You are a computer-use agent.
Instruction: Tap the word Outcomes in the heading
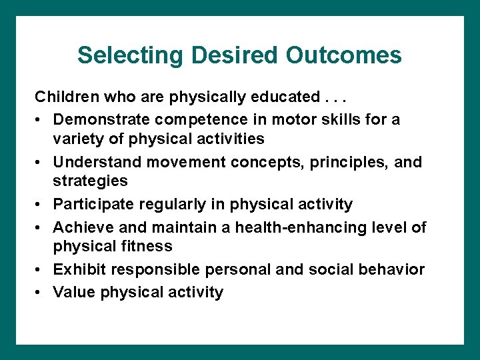[x=344, y=55]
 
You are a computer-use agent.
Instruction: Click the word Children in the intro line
[x=64, y=97]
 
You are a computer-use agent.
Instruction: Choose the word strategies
[x=90, y=181]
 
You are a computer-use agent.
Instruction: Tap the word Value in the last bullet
[x=73, y=292]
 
